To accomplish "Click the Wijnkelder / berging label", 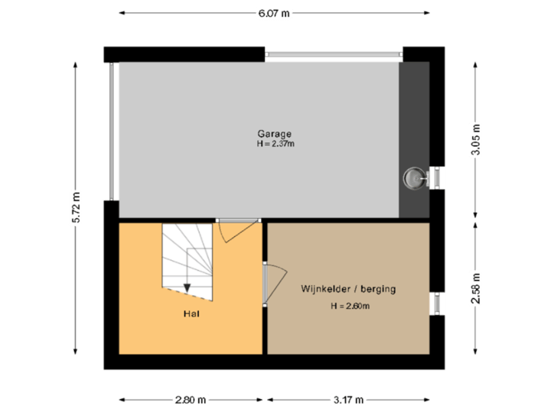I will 348,290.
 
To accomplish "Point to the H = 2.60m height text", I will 350,307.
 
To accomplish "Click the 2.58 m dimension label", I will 476,288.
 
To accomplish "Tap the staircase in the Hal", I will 187,256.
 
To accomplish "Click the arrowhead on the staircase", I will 187,287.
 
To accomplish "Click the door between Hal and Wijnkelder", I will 272,283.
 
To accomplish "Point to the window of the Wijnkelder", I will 436,303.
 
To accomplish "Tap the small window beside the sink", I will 436,178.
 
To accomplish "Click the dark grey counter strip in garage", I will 414,115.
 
